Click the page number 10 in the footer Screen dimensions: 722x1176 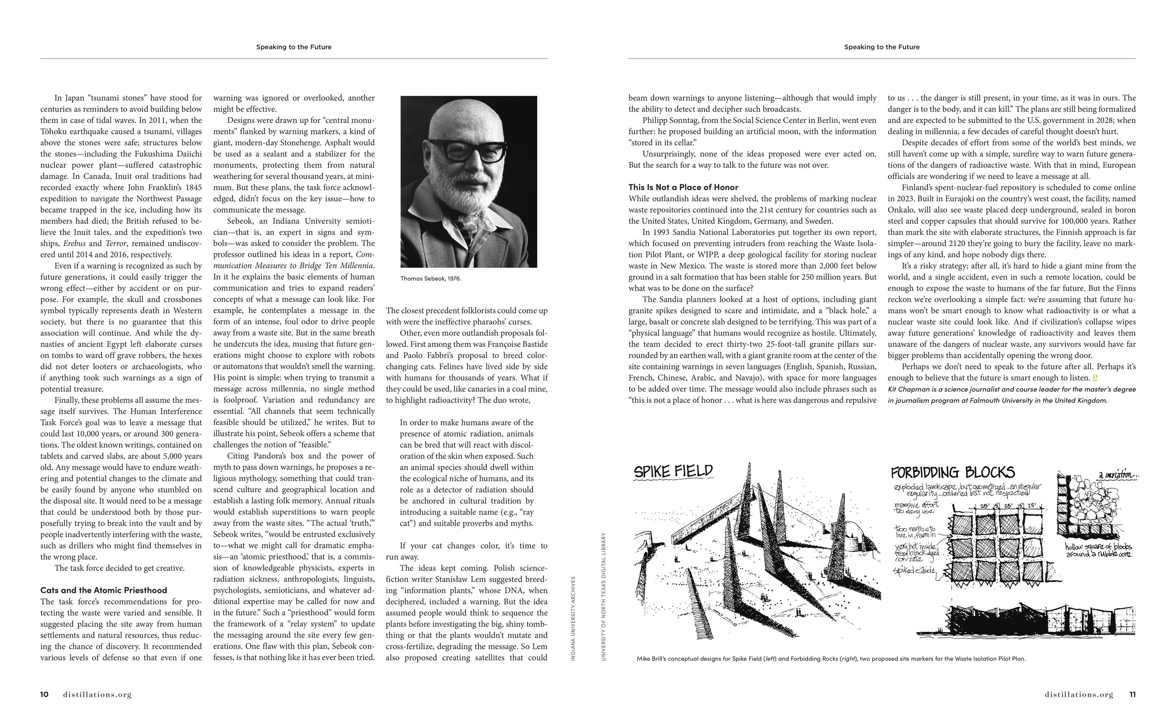click(x=44, y=694)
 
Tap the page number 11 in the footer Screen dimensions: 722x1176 click(x=1132, y=694)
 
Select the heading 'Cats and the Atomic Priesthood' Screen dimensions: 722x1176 click(x=104, y=590)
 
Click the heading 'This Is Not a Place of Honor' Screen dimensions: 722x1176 click(x=683, y=187)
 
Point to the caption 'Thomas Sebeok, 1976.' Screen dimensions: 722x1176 click(x=430, y=278)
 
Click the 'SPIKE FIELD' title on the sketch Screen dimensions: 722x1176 click(x=673, y=472)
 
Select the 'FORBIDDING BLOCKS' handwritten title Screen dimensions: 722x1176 click(x=953, y=473)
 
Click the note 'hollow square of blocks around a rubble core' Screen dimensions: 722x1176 click(x=1098, y=550)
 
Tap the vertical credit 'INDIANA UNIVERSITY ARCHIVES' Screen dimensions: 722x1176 click(x=573, y=618)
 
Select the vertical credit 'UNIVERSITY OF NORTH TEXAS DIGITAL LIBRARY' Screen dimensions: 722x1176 click(x=603, y=597)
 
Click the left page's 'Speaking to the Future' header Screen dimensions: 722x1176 click(x=294, y=47)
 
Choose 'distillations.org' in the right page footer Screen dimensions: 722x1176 click(x=1078, y=694)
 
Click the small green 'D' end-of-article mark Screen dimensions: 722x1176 click(x=1095, y=377)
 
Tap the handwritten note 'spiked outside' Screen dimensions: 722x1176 click(x=914, y=571)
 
